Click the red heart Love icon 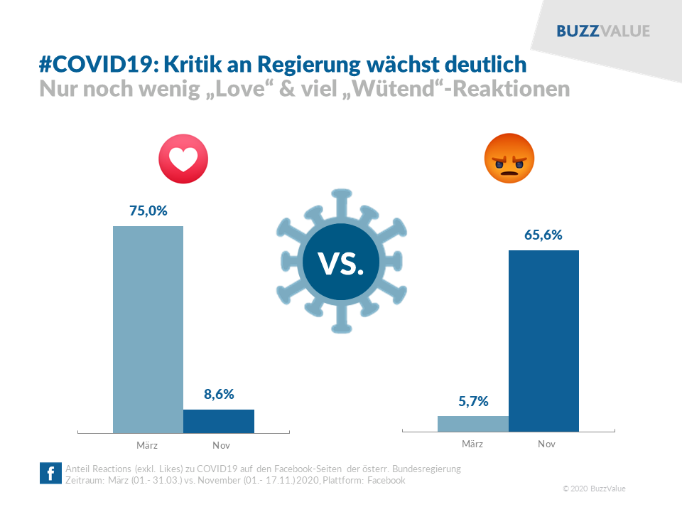tap(183, 158)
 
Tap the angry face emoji tap(509, 158)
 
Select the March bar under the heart tap(148, 329)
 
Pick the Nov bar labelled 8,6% tap(219, 421)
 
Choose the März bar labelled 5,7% tap(473, 424)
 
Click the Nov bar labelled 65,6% tap(543, 341)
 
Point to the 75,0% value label tap(148, 210)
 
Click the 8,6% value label tap(219, 393)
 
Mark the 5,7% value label tap(473, 401)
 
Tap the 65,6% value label tap(543, 235)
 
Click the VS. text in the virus tap(341, 264)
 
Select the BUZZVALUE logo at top tap(602, 31)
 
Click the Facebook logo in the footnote tap(50, 474)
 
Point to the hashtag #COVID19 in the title tap(98, 65)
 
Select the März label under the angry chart tap(472, 444)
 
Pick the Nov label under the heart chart tap(221, 446)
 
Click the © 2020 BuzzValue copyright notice tap(594, 489)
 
